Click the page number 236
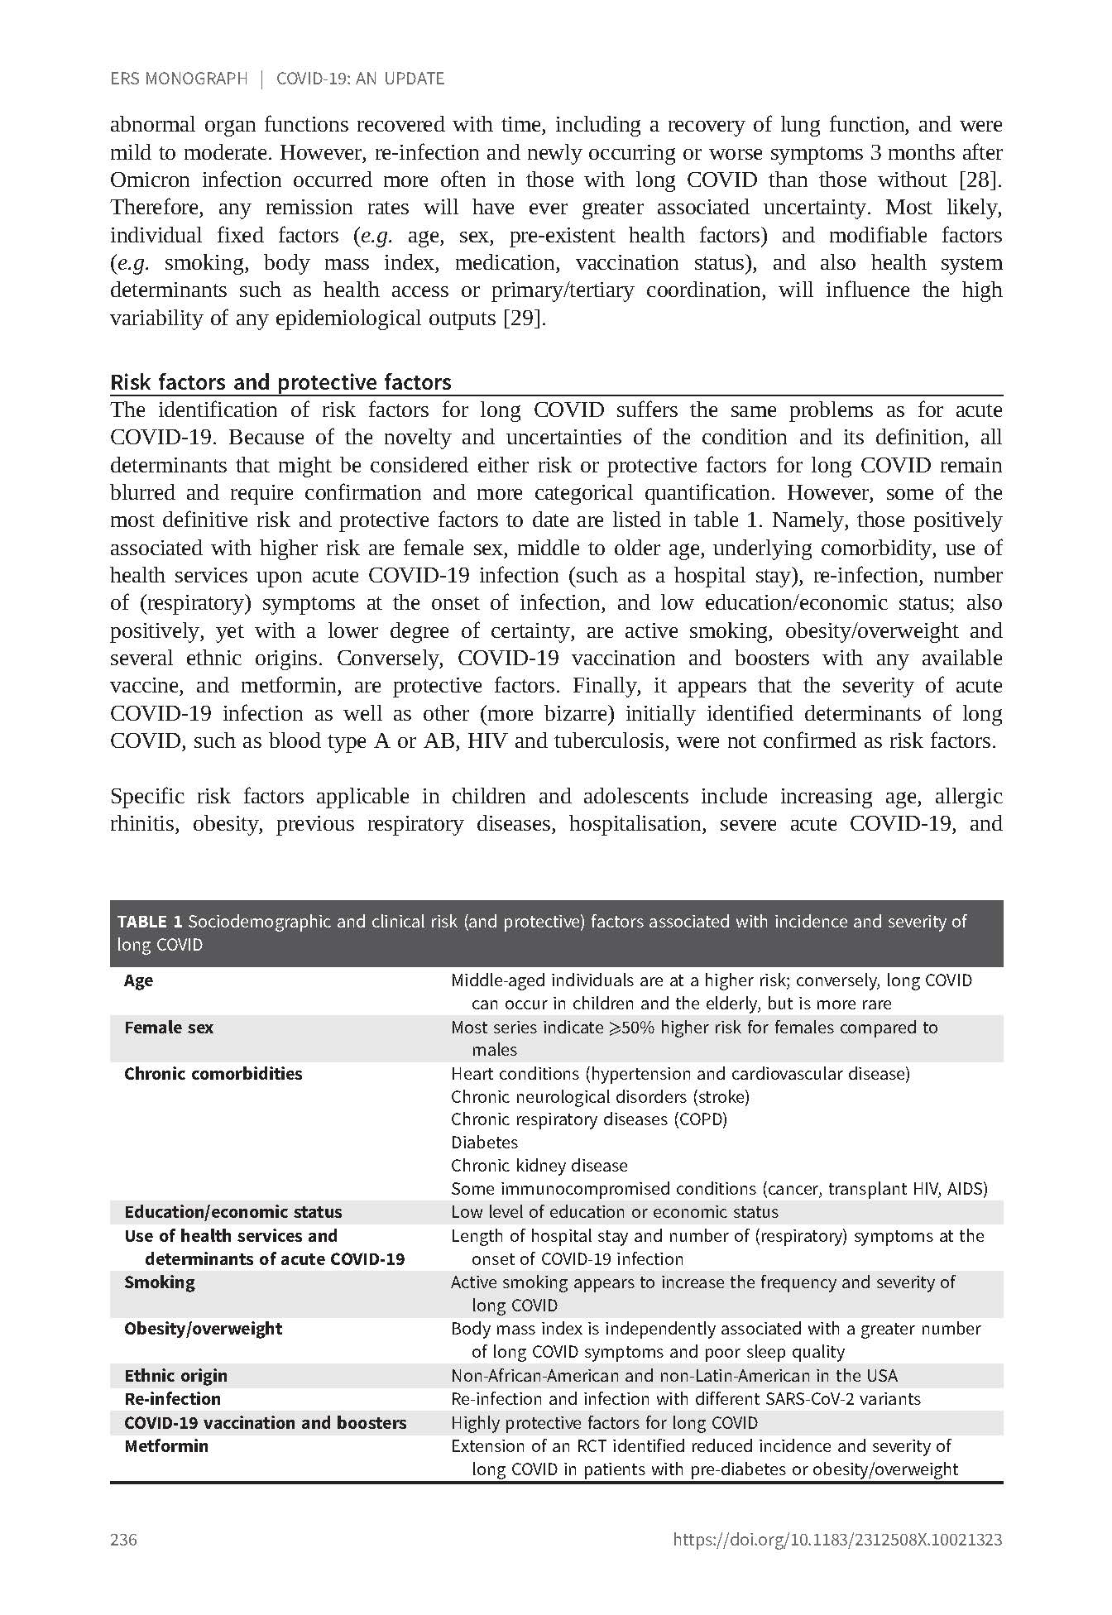click(123, 1540)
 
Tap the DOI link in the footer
click(837, 1540)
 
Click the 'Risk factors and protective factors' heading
click(280, 382)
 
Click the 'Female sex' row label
click(169, 1028)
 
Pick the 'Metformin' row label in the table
click(166, 1446)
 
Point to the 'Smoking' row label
click(160, 1282)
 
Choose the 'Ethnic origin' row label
click(175, 1376)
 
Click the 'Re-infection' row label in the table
click(172, 1399)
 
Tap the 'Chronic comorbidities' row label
click(213, 1074)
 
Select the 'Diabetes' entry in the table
click(484, 1143)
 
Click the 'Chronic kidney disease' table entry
click(539, 1166)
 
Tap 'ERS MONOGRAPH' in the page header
click(179, 79)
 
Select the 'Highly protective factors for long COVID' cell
click(604, 1423)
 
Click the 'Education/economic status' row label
click(232, 1212)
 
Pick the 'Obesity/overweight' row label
click(204, 1329)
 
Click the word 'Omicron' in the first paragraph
click(150, 180)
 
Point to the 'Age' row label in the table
click(139, 981)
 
